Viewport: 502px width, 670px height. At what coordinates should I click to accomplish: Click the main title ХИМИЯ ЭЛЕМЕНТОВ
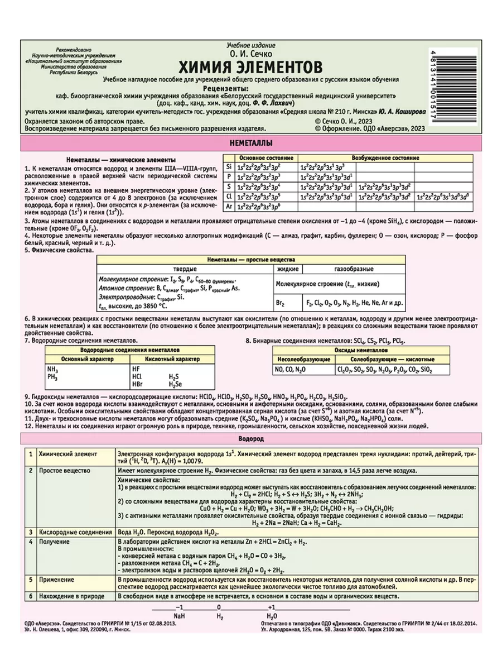coord(250,67)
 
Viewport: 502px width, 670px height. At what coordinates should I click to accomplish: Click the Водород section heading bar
coord(250,439)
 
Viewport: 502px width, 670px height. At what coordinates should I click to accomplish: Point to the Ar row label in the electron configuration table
coord(228,206)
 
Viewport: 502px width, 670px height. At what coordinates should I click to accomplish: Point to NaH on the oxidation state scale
coord(178,616)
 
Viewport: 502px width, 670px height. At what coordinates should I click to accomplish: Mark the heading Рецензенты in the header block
coord(250,88)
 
